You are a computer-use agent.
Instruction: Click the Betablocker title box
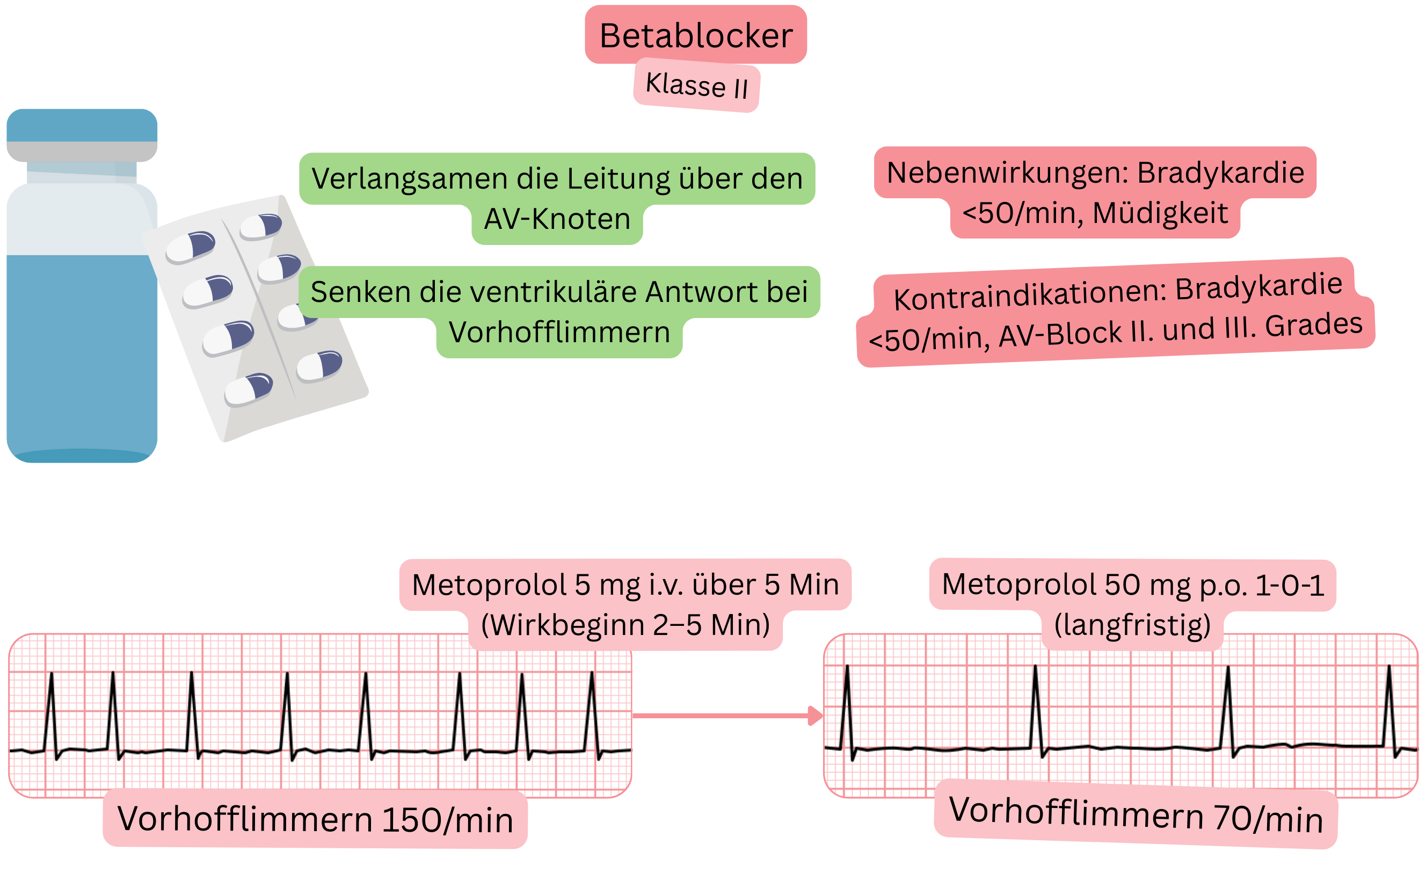[x=696, y=35]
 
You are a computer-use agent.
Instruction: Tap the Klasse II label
[x=696, y=85]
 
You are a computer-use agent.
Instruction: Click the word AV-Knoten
[x=557, y=219]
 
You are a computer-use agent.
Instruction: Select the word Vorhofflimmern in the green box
[x=559, y=333]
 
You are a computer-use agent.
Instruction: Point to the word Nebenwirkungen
[x=1007, y=172]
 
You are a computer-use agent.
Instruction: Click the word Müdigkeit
[x=1160, y=213]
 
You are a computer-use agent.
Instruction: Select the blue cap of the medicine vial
[x=82, y=125]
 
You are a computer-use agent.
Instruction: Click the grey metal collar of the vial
[x=82, y=151]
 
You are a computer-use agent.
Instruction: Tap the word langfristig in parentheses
[x=1132, y=625]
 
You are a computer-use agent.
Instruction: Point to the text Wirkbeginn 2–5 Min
[x=625, y=625]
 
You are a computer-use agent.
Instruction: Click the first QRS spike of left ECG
[x=52, y=712]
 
